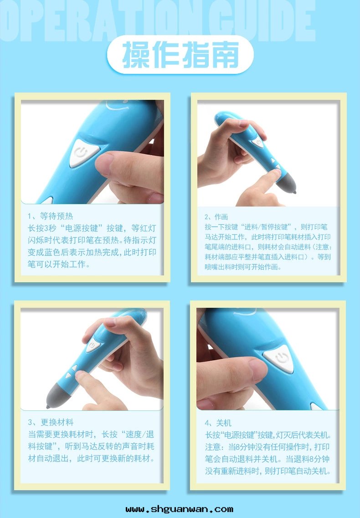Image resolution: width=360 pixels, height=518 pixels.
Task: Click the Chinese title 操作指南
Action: click(x=180, y=55)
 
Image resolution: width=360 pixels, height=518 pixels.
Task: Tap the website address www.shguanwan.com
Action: click(x=180, y=509)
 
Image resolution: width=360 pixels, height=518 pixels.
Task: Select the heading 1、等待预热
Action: click(x=50, y=216)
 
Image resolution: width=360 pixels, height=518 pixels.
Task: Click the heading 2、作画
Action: click(x=216, y=217)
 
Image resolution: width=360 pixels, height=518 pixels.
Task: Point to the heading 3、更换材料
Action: click(x=51, y=422)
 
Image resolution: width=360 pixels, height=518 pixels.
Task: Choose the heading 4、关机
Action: click(x=218, y=423)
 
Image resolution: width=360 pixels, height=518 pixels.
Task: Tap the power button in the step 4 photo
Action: click(x=279, y=358)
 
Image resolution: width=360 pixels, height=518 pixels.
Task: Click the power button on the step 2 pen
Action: click(x=258, y=142)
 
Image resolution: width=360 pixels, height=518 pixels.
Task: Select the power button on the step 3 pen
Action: click(x=93, y=345)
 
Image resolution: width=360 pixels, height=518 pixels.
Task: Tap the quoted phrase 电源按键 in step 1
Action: click(x=82, y=228)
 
